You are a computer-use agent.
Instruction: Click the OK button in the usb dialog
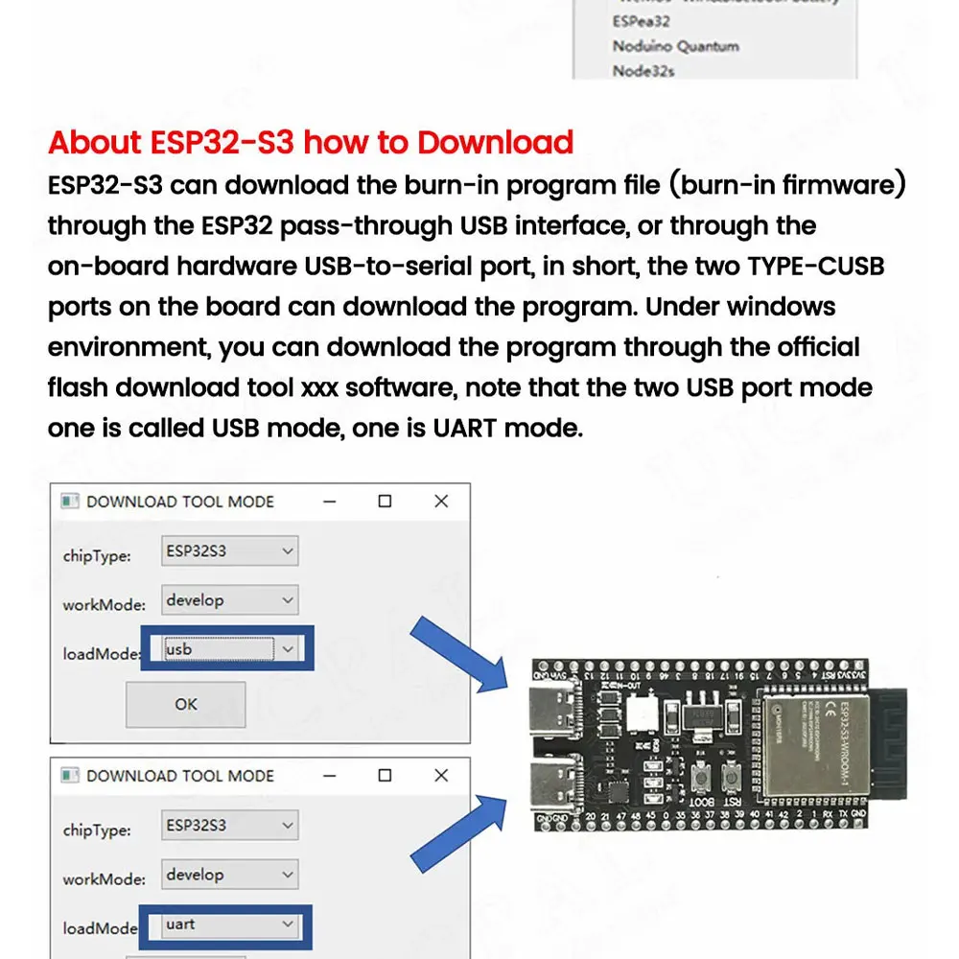coord(185,704)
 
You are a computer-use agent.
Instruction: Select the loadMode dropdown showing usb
coord(229,649)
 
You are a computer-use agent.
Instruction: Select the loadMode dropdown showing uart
coord(229,924)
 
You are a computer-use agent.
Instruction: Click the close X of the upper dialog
coord(440,502)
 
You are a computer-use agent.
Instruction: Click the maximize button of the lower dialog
coord(385,775)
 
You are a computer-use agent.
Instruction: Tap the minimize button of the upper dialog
coord(329,502)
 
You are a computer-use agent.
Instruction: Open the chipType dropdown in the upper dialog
coord(229,551)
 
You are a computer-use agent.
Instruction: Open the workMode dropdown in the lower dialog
coord(229,875)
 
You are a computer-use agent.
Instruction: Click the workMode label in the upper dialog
coord(104,605)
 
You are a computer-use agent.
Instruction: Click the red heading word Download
coord(495,142)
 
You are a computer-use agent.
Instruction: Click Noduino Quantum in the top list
coord(675,46)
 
